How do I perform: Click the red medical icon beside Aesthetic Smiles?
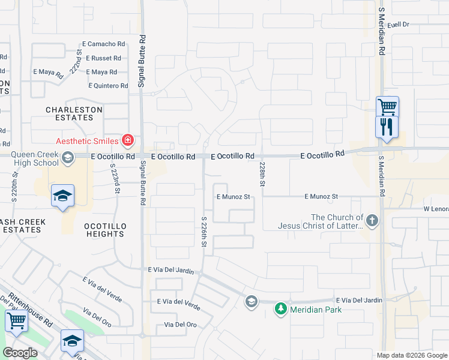(x=127, y=141)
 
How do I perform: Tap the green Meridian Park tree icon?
(x=280, y=309)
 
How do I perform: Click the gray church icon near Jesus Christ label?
(x=373, y=220)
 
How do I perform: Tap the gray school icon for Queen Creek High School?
(x=68, y=157)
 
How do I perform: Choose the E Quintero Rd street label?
(x=108, y=86)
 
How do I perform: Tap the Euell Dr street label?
(x=397, y=25)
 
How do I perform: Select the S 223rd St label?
(x=115, y=178)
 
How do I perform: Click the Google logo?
(x=20, y=352)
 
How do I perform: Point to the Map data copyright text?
(x=411, y=355)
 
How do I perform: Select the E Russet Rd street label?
(x=103, y=58)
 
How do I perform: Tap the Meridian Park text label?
(x=316, y=310)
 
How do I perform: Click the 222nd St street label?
(x=75, y=61)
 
